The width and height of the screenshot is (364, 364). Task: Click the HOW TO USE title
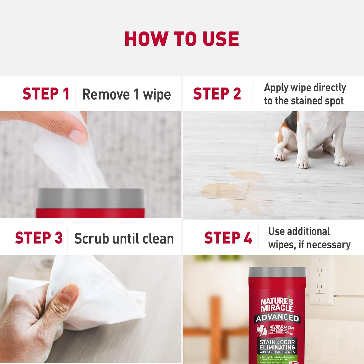pyautogui.click(x=182, y=39)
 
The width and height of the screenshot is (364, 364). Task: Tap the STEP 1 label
pyautogui.click(x=46, y=94)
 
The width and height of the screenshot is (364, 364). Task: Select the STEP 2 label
pyautogui.click(x=217, y=94)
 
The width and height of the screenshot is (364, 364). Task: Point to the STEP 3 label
pyautogui.click(x=39, y=238)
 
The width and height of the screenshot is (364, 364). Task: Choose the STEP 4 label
pyautogui.click(x=228, y=238)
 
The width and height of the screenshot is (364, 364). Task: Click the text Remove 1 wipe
pyautogui.click(x=126, y=95)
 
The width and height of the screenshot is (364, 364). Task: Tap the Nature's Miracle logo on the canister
pyautogui.click(x=277, y=305)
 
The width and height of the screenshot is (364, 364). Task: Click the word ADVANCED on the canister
pyautogui.click(x=277, y=318)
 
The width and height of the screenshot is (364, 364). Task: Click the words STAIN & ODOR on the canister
pyautogui.click(x=277, y=342)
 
